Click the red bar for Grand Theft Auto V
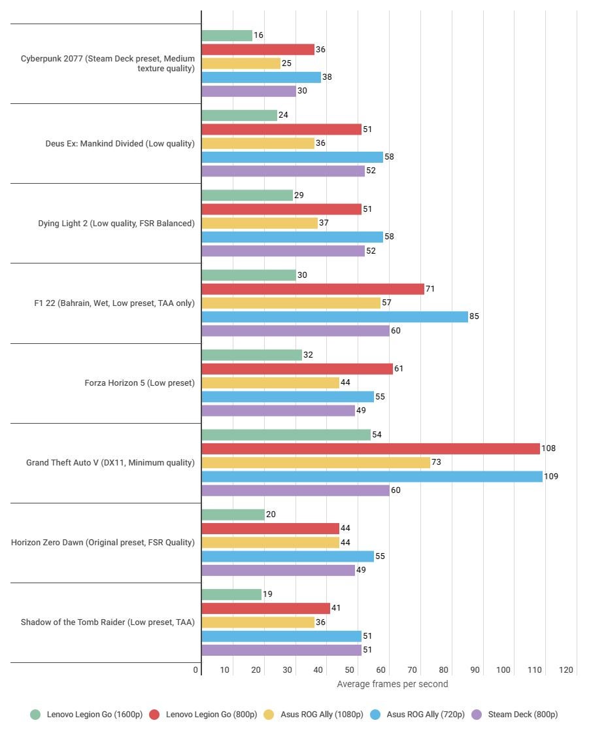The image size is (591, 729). [371, 449]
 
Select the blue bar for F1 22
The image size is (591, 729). [335, 316]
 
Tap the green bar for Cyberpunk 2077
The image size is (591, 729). [227, 36]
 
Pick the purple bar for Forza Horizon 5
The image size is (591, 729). [279, 411]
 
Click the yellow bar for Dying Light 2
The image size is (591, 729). [260, 223]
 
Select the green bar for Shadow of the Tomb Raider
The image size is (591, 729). [231, 594]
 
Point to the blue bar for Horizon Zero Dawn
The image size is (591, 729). [288, 556]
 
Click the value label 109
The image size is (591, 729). [551, 477]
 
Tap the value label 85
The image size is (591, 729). [474, 316]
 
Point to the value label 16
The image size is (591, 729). [258, 36]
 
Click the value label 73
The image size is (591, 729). [436, 462]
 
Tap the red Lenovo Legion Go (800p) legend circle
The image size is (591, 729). [155, 715]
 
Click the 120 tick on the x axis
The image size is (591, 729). [566, 670]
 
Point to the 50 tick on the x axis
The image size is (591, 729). [350, 670]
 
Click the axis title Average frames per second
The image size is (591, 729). [392, 684]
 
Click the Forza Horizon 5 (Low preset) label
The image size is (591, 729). [139, 382]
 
